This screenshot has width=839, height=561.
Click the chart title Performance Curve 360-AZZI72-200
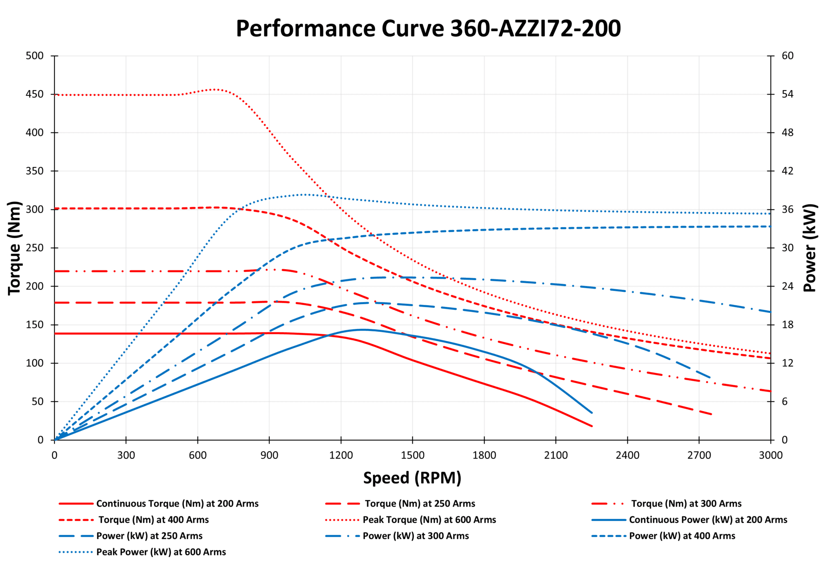428,28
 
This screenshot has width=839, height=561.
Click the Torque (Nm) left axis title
14,248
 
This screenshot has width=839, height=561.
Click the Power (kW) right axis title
810,248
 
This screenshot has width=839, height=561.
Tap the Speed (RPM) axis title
412,478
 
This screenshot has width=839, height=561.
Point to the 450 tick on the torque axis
34,94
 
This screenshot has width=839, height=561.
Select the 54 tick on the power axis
787,94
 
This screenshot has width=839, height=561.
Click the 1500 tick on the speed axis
412,455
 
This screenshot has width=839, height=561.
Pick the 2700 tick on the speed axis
699,455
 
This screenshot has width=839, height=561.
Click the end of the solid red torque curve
592,426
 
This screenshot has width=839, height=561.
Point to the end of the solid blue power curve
592,413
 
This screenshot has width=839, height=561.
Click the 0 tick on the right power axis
785,440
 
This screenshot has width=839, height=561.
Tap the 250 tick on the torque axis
34,248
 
